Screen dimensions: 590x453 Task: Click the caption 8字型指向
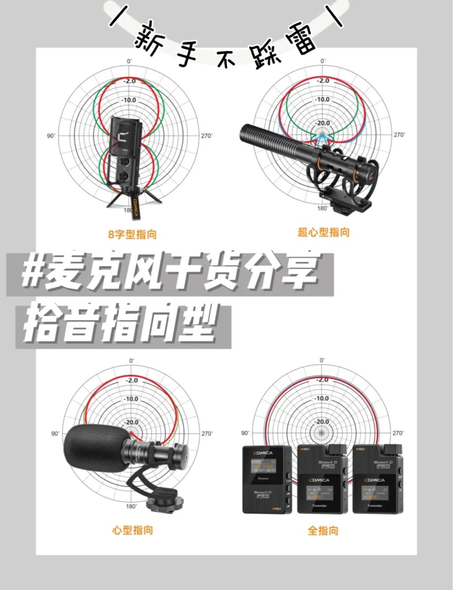[x=132, y=234]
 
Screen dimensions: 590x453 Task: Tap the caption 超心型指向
[x=323, y=232]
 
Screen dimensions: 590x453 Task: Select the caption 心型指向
[x=133, y=530]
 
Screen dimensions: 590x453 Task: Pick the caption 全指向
[x=323, y=531]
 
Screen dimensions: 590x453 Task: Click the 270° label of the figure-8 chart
[x=207, y=136]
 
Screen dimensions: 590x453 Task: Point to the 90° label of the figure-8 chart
[x=51, y=136]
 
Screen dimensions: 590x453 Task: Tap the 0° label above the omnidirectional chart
[x=322, y=360]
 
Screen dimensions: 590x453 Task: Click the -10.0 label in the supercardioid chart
[x=322, y=100]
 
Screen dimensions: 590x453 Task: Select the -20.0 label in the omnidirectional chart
[x=322, y=422]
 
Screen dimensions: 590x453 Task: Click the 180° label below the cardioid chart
[x=131, y=507]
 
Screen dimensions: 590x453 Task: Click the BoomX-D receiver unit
[x=267, y=479]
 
